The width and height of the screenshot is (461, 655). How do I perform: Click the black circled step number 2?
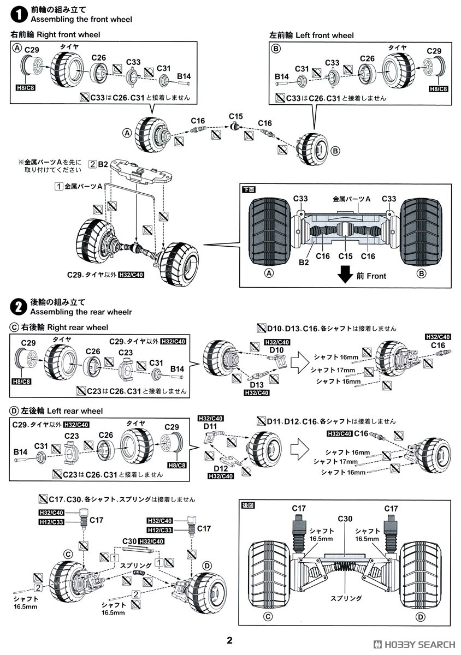[19, 307]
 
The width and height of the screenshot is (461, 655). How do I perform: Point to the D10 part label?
[277, 349]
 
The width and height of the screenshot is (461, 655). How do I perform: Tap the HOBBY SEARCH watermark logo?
[415, 644]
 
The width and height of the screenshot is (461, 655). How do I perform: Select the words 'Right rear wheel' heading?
[78, 327]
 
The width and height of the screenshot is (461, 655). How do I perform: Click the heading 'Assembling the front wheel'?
[81, 20]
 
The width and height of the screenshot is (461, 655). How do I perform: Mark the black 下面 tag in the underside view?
[249, 189]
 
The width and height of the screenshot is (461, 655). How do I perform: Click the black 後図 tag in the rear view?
[248, 505]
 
